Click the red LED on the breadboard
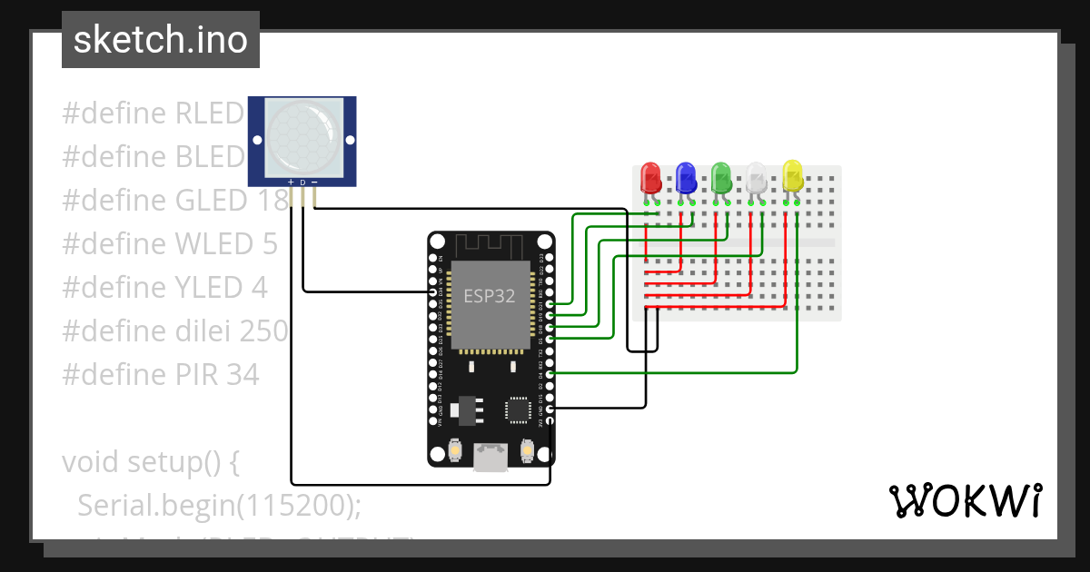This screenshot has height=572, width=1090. pos(650,177)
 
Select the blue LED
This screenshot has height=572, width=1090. pos(686,177)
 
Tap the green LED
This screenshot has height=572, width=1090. pos(721,177)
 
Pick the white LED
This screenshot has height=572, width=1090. pos(757,177)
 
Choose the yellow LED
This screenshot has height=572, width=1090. pos(792,175)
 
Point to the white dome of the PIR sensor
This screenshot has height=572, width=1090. pos(302,138)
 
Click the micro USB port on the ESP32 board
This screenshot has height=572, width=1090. pos(490,457)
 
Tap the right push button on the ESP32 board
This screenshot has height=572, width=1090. pos(526,450)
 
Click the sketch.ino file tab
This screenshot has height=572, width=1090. pos(161,40)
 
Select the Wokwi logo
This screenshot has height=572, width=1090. pos(965,500)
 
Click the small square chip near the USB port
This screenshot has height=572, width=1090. pos(519,409)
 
